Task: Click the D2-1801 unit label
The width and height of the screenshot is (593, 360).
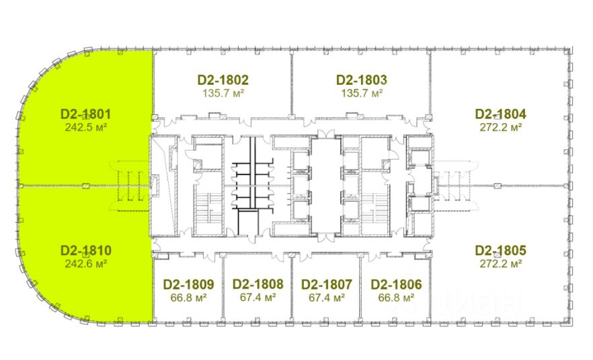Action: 85,114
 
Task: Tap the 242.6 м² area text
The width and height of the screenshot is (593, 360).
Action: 85,263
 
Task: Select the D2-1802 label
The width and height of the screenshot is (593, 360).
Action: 223,80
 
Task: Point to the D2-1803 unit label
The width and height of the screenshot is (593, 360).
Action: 362,80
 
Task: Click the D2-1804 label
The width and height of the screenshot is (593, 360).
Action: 501,114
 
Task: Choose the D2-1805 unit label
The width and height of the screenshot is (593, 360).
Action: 501,250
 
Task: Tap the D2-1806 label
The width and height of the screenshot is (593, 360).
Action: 397,284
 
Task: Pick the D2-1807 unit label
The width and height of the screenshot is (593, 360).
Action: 327,284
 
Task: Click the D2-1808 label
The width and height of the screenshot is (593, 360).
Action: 258,284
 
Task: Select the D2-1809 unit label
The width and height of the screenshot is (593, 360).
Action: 189,284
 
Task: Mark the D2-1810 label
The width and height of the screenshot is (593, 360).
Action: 85,250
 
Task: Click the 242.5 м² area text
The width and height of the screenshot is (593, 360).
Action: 85,127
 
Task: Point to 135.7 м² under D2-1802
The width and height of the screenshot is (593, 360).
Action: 223,93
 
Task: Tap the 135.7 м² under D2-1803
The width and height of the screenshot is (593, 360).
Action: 362,93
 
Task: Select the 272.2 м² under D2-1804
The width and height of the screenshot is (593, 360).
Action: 501,127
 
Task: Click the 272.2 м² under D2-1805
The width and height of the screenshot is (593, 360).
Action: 501,263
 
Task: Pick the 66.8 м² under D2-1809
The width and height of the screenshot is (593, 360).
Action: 188,297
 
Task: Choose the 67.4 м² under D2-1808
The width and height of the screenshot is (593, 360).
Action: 258,297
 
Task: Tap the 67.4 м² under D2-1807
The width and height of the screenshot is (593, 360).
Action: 327,297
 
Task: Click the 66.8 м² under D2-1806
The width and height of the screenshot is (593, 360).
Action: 397,297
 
